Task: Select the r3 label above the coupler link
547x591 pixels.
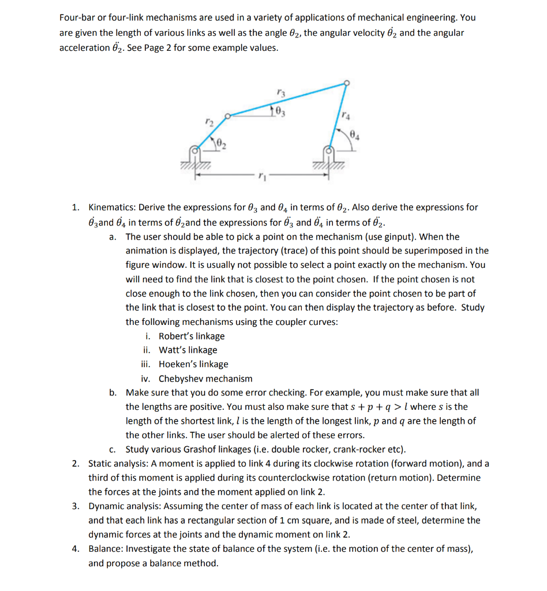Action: point(280,92)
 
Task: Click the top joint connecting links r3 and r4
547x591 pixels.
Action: point(346,83)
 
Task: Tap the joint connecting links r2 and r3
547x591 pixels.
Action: point(228,115)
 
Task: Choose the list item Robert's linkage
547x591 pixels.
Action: point(192,336)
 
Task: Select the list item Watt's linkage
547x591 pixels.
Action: point(188,350)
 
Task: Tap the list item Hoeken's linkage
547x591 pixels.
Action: point(193,364)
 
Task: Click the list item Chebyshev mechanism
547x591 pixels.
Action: point(205,379)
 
